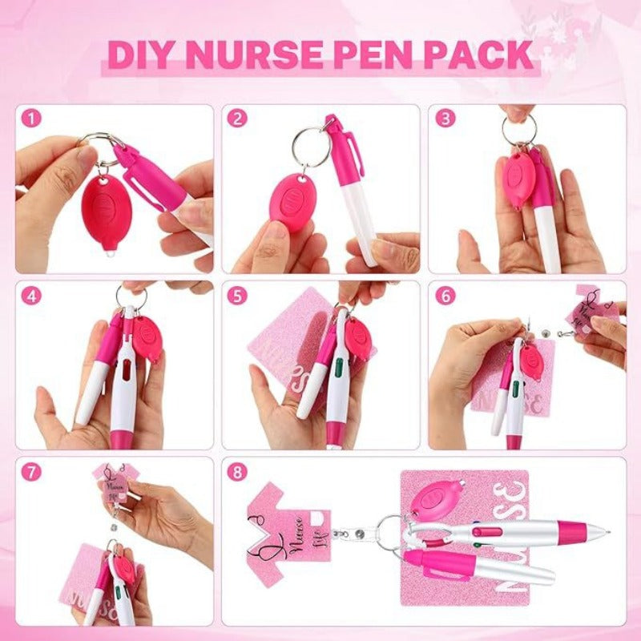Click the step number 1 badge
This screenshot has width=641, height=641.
[x=32, y=119]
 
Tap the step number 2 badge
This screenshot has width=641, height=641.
[x=237, y=119]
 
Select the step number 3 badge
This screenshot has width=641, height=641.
[x=445, y=119]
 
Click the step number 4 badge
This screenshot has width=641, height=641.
[x=32, y=296]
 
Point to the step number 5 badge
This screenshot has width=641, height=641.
[x=237, y=296]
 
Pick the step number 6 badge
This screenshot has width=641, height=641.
[x=445, y=296]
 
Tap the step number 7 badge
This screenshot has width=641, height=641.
[x=32, y=472]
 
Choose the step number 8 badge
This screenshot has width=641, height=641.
[x=237, y=472]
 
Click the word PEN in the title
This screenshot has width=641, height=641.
[x=377, y=54]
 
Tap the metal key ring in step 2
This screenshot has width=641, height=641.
[x=310, y=147]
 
